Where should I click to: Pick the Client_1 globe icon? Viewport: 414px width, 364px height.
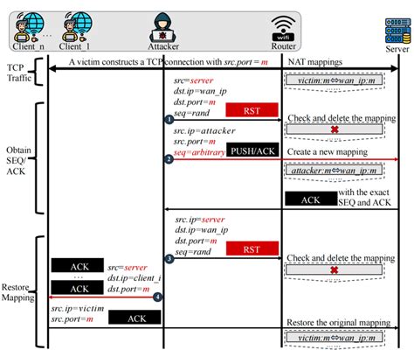pyautogui.click(x=79, y=24)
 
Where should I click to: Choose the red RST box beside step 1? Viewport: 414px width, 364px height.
pyautogui.click(x=252, y=109)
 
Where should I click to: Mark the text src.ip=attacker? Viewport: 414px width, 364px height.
pyautogui.click(x=204, y=129)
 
